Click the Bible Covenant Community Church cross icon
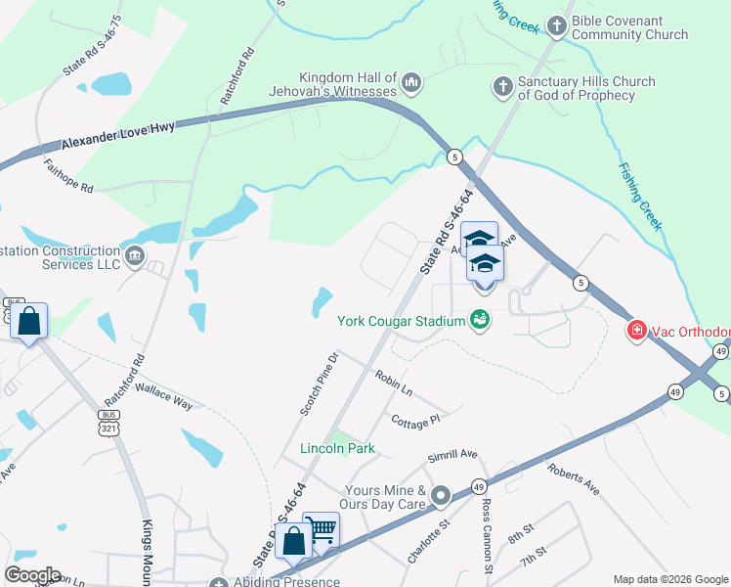coord(557,26)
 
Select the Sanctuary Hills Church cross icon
coord(503,87)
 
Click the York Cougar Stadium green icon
coord(479,319)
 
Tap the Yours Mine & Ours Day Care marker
coord(441,497)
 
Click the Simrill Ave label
coord(451,456)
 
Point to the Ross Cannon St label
coord(487,533)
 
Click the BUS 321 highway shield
coord(108,422)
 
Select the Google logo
coord(32,575)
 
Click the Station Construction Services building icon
coord(135,257)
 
